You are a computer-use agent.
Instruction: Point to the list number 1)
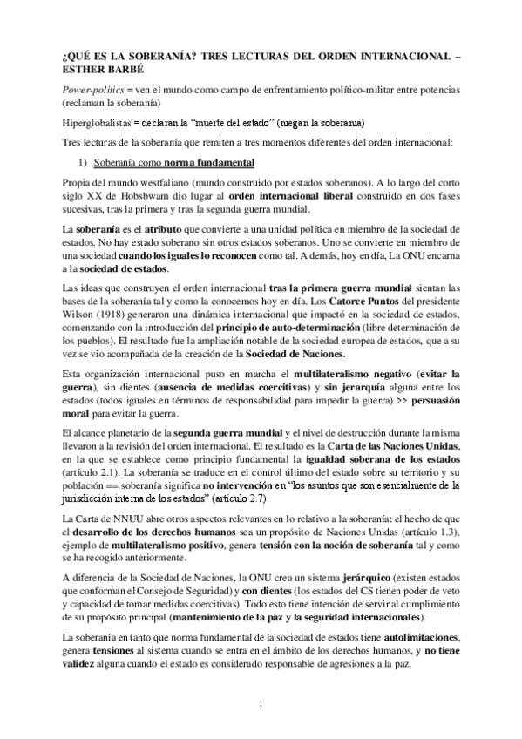[x=85, y=162]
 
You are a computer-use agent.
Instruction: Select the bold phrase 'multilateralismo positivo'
[x=156, y=543]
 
